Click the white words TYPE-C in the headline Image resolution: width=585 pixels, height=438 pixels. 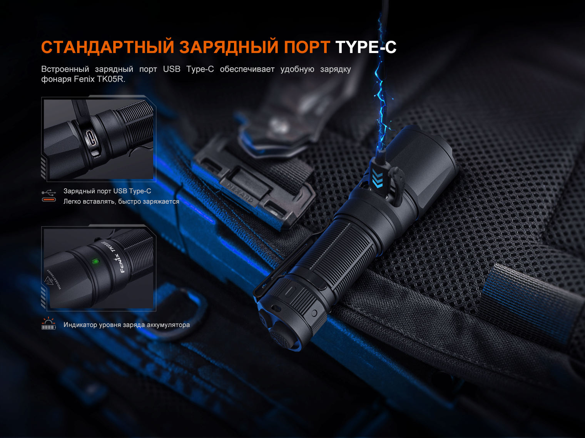tap(366, 47)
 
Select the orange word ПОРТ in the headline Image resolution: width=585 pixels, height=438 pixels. tap(307, 47)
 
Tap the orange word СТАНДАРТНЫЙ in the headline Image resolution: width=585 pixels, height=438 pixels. tap(108, 47)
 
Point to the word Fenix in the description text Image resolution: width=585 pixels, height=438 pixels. tap(84, 79)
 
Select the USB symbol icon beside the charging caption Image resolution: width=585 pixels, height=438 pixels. tap(49, 192)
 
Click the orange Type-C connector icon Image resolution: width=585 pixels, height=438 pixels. tap(49, 200)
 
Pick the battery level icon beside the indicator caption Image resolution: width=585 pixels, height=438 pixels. tap(48, 324)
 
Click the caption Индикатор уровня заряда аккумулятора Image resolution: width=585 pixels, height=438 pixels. tap(127, 325)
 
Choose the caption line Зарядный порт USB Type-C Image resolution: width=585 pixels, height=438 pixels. tap(107, 191)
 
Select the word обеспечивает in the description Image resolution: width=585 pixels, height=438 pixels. tap(247, 69)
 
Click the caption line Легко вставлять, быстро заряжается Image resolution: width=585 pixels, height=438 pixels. tap(121, 202)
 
